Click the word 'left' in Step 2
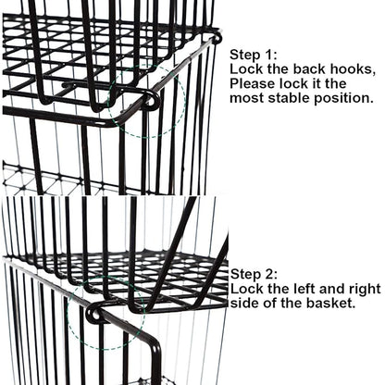(306, 289)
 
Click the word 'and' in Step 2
(334, 289)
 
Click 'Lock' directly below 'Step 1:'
(246, 69)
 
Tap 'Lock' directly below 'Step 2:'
(246, 289)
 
